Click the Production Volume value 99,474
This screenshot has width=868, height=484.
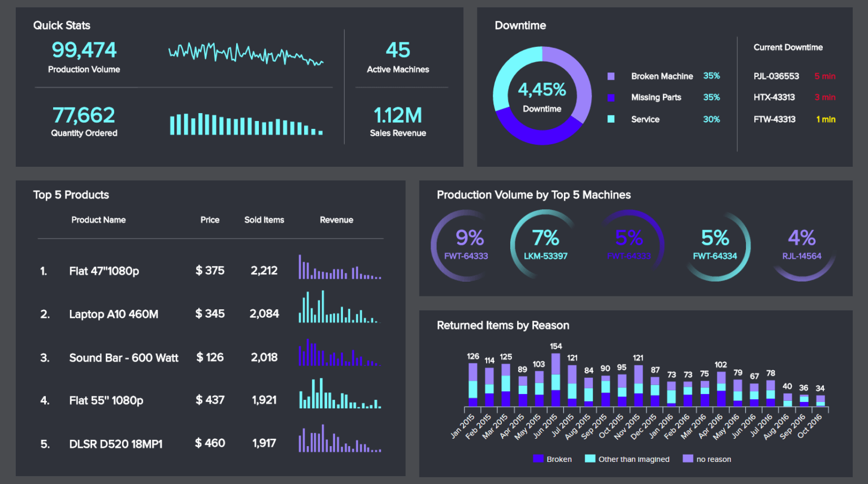pyautogui.click(x=84, y=50)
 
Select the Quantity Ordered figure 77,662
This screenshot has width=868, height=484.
pyautogui.click(x=84, y=115)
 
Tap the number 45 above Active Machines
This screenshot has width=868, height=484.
pyautogui.click(x=398, y=50)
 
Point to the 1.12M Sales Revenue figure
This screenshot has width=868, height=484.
pyautogui.click(x=398, y=115)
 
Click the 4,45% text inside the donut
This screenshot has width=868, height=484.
pyautogui.click(x=542, y=89)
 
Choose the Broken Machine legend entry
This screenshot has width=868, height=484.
pyautogui.click(x=662, y=76)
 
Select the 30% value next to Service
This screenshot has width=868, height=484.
pyautogui.click(x=711, y=119)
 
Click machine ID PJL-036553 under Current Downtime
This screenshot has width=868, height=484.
pyautogui.click(x=776, y=76)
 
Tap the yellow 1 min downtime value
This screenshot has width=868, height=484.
pyautogui.click(x=826, y=119)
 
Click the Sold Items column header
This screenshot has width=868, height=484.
pyautogui.click(x=264, y=220)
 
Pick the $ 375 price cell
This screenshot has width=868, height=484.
pyautogui.click(x=210, y=271)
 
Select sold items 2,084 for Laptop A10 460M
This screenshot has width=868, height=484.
pyautogui.click(x=264, y=314)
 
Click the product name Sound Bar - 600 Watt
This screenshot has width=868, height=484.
pyautogui.click(x=124, y=358)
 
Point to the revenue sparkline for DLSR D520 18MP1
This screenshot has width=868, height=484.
pyautogui.click(x=340, y=439)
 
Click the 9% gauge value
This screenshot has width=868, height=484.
pyautogui.click(x=470, y=238)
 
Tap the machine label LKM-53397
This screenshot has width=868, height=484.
pyautogui.click(x=545, y=256)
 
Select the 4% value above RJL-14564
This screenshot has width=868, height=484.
pyautogui.click(x=801, y=238)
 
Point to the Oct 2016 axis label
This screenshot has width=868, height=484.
pyautogui.click(x=811, y=426)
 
